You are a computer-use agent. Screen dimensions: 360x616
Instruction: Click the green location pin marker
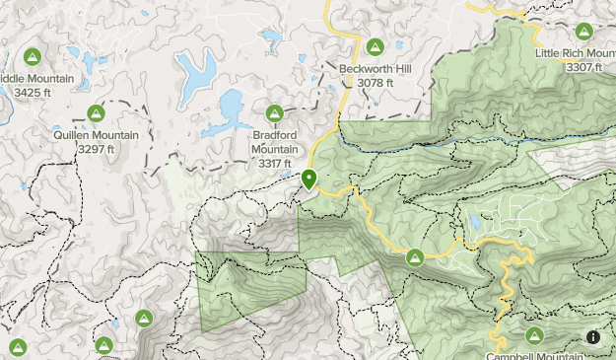point(308,180)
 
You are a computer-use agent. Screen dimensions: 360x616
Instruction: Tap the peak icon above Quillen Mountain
point(96,113)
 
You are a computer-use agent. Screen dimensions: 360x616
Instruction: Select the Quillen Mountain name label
point(97,135)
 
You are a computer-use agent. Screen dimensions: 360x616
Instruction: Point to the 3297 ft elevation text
point(97,148)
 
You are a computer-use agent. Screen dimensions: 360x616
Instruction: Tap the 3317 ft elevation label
point(274,163)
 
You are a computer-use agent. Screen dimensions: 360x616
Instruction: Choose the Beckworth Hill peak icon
point(375,46)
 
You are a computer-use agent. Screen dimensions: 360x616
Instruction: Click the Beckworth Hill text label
point(375,69)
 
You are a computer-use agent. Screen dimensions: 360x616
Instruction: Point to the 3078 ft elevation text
point(375,83)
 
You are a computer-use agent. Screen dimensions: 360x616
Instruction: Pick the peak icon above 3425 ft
point(32,56)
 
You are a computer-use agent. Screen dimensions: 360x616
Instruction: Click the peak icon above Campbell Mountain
point(535,335)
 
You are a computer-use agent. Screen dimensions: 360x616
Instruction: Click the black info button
point(593,337)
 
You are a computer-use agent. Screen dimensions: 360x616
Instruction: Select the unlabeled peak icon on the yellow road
point(416,257)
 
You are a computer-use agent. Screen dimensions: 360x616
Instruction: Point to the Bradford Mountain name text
point(274,142)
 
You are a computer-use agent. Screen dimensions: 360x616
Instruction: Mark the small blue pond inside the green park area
point(476,223)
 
